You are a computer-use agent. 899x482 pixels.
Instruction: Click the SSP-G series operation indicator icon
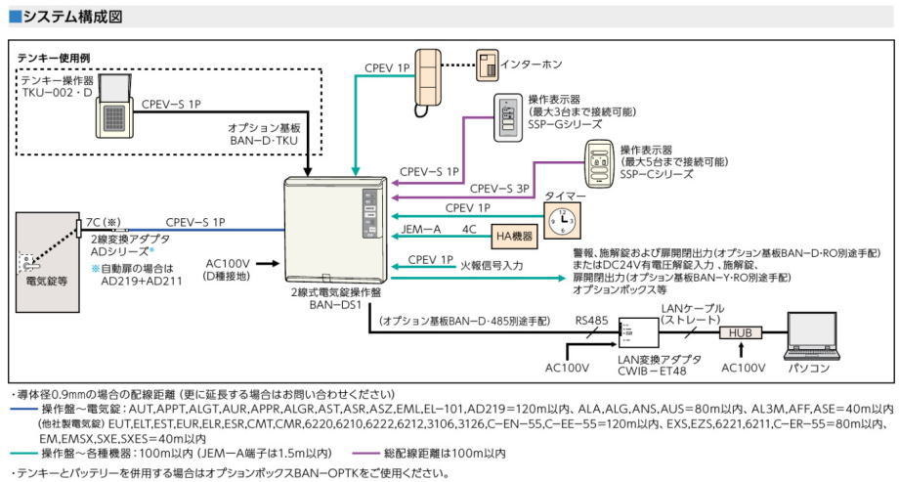point(508,113)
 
